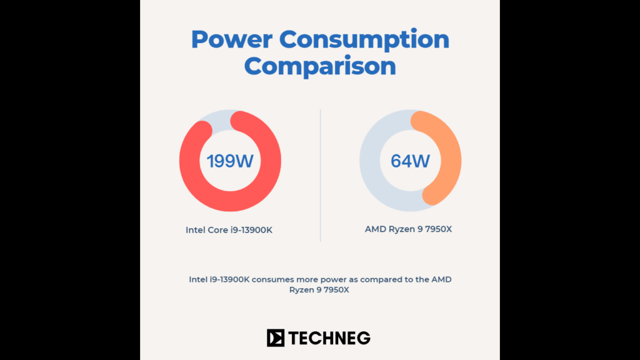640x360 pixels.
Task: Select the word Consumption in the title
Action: pos(364,39)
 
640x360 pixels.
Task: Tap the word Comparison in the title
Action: pos(320,66)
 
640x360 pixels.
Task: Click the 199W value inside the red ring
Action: pos(230,161)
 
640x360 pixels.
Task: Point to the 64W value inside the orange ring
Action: pos(410,161)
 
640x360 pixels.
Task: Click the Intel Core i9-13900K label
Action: pos(229,230)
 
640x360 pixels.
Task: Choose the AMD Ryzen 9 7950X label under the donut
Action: pos(408,229)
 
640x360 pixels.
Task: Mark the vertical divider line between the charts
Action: pos(321,175)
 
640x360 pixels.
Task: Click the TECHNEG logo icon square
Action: pos(276,338)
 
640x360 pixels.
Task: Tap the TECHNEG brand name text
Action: pos(329,338)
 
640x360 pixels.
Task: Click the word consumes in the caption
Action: pos(273,279)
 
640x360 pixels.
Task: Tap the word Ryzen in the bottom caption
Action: pos(301,290)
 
